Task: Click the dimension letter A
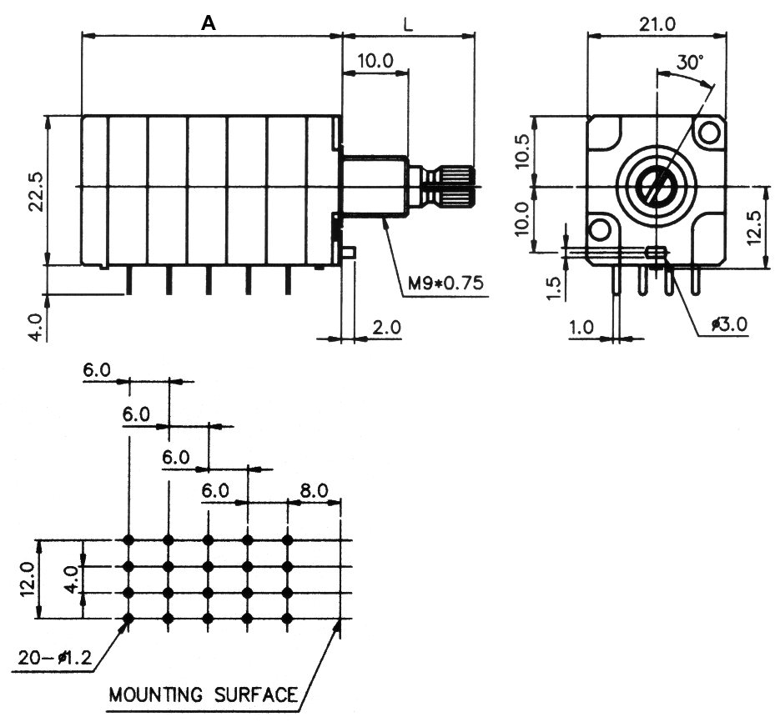[x=209, y=24]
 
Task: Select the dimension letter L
[x=408, y=24]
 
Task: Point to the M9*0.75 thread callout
[x=445, y=283]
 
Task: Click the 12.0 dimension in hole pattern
[x=27, y=579]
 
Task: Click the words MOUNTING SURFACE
[x=204, y=694]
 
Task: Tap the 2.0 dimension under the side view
[x=386, y=328]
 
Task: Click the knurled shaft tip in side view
[x=458, y=186]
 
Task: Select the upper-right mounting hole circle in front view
[x=710, y=132]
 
